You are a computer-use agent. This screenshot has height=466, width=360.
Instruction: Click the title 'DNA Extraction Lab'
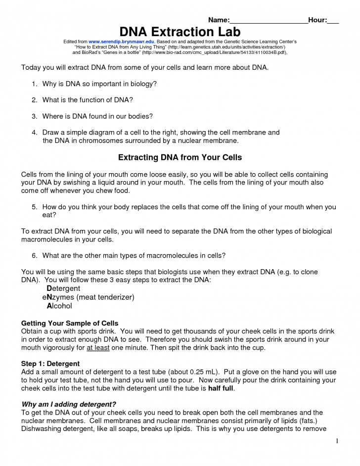click(180, 32)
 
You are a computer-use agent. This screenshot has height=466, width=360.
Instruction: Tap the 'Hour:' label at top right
click(317, 20)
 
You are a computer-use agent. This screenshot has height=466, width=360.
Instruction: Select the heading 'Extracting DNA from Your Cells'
click(180, 158)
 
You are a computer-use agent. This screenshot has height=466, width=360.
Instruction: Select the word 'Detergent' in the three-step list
click(63, 288)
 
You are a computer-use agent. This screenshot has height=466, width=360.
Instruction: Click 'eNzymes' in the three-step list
click(59, 297)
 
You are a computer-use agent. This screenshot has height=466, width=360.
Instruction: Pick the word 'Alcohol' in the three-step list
click(59, 306)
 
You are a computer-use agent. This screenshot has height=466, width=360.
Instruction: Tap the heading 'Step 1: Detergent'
click(50, 364)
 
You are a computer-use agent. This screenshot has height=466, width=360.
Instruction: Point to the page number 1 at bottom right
click(336, 441)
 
